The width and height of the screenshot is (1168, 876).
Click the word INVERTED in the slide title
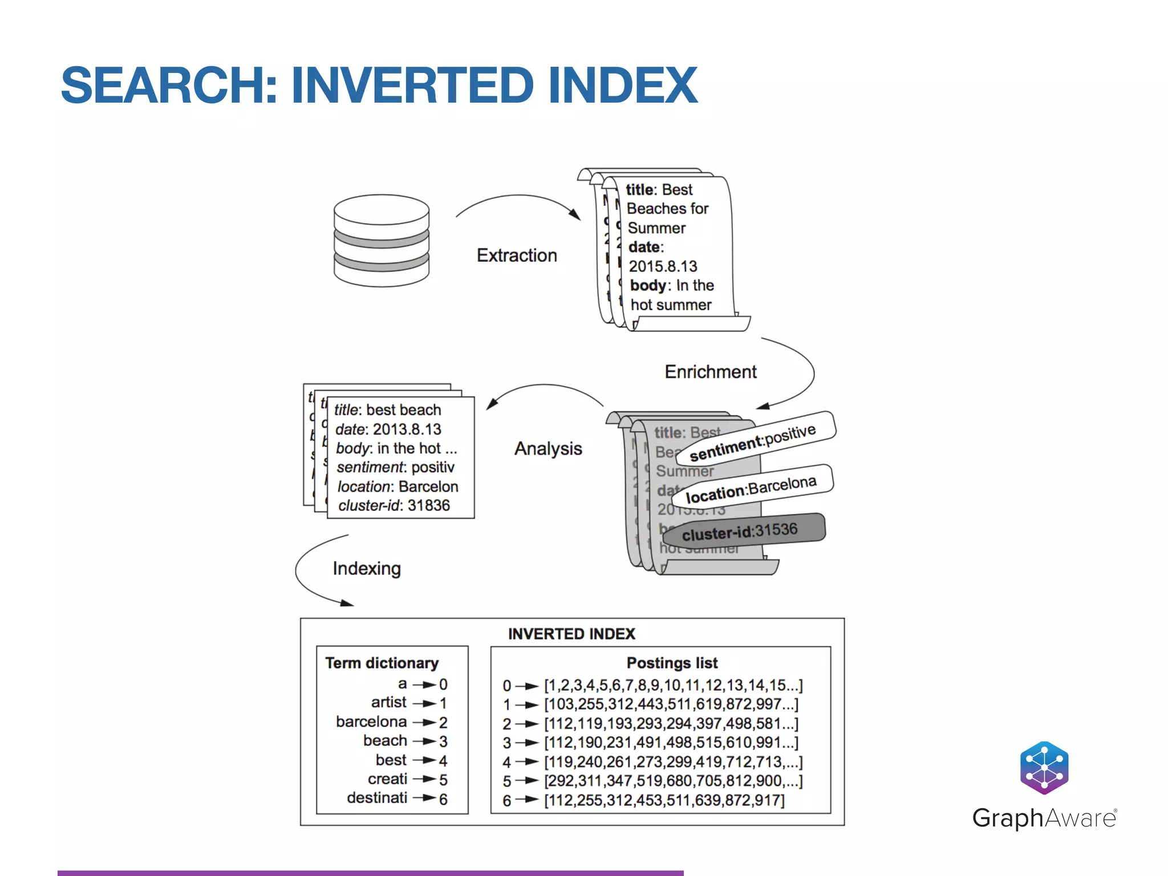pos(412,86)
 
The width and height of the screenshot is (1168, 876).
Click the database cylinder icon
pos(381,241)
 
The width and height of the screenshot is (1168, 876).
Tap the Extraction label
pos(516,255)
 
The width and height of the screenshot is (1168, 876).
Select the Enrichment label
pos(710,372)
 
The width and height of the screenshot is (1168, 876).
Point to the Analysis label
pos(547,449)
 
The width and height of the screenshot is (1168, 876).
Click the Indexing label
pos(367,569)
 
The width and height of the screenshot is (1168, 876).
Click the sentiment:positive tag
pos(753,443)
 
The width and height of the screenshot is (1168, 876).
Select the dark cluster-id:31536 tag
pos(740,532)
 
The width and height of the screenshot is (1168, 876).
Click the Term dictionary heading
pos(382,663)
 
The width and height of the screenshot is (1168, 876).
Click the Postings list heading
pos(672,663)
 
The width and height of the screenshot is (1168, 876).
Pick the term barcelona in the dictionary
pos(371,722)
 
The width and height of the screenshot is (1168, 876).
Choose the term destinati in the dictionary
pos(377,798)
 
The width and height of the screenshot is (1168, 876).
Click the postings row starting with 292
pos(673,781)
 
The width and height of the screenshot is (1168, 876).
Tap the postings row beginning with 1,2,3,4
pos(673,685)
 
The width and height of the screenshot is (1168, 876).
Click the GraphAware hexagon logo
pos(1044,768)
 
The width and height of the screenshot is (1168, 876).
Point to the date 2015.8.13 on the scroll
pos(663,266)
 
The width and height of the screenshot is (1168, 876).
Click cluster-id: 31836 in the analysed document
pos(394,506)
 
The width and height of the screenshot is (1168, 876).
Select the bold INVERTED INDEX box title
pos(571,634)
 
